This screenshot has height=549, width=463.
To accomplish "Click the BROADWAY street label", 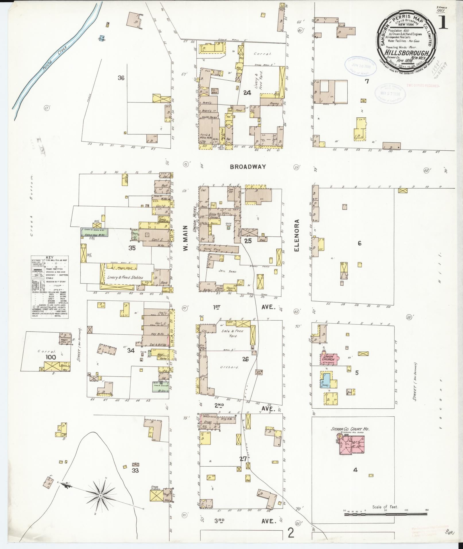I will tap(248, 166).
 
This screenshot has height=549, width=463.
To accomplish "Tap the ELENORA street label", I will tap(297, 236).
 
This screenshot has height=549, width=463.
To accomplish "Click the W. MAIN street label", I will tap(185, 238).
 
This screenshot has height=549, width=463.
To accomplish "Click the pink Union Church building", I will tap(328, 358).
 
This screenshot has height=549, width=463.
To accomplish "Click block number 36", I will tap(121, 78).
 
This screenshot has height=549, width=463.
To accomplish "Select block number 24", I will tap(247, 92).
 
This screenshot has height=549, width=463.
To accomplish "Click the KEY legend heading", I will tap(50, 258).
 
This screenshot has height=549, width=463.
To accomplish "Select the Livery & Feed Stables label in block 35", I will tap(125, 278).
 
